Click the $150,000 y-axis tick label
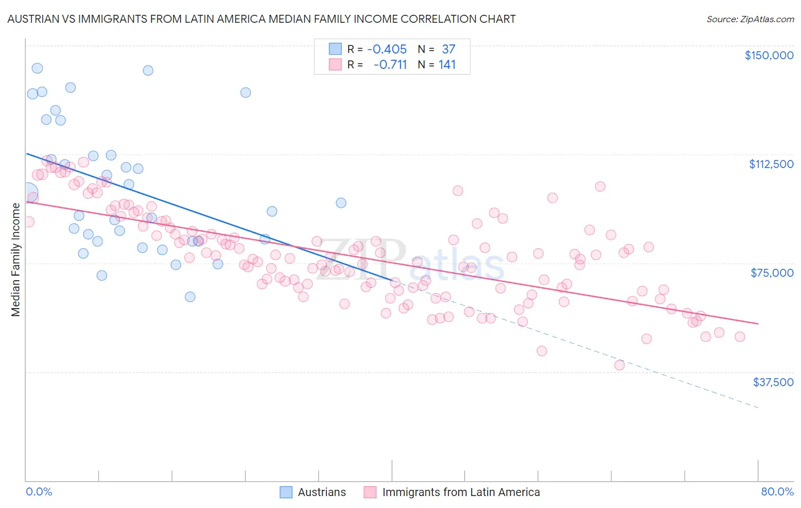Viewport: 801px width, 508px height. pyautogui.click(x=769, y=55)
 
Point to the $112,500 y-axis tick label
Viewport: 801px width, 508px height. pyautogui.click(x=771, y=164)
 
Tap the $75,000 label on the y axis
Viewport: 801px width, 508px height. pyautogui.click(x=772, y=273)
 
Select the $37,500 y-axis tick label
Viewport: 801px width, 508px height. pyautogui.click(x=773, y=382)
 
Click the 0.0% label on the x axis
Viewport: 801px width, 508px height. pyautogui.click(x=39, y=491)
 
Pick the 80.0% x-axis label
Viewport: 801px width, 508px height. pyautogui.click(x=777, y=491)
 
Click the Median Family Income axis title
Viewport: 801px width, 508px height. pyautogui.click(x=15, y=260)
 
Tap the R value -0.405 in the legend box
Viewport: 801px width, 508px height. pyautogui.click(x=387, y=50)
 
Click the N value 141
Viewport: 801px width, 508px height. pyautogui.click(x=447, y=65)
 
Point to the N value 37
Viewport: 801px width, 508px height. pyautogui.click(x=448, y=50)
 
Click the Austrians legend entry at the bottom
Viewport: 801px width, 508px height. pyautogui.click(x=321, y=492)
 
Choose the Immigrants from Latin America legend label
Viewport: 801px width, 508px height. pyautogui.click(x=460, y=492)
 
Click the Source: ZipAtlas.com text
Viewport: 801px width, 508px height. pyautogui.click(x=750, y=19)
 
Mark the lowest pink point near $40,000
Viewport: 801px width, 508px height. pyautogui.click(x=619, y=365)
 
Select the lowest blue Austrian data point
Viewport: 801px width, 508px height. pyautogui.click(x=190, y=297)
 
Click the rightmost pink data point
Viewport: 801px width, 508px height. pyautogui.click(x=739, y=337)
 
